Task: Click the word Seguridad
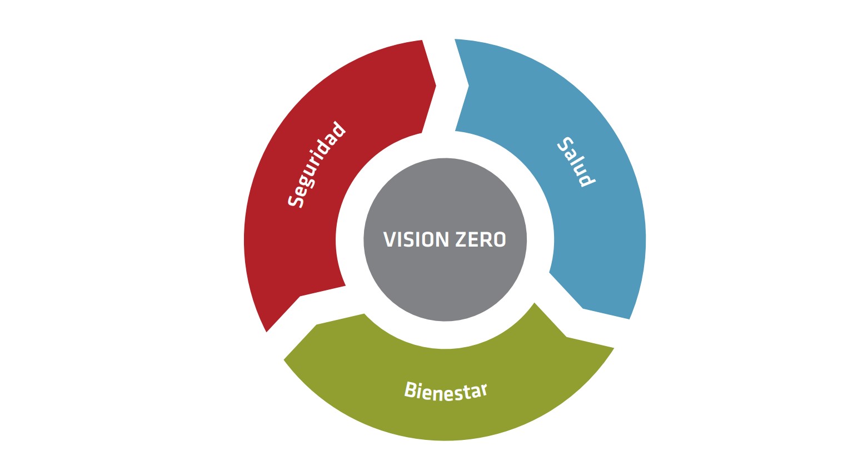pos(316,164)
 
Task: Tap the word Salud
pos(576,162)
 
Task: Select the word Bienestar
pos(445,390)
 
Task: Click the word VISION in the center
pos(416,239)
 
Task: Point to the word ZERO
pos(481,239)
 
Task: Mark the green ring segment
pos(445,411)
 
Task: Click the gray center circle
pos(445,278)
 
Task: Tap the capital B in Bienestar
pos(411,389)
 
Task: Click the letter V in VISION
pos(389,239)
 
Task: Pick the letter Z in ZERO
pos(461,239)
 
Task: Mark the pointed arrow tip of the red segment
pos(435,86)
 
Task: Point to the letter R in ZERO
pos(487,239)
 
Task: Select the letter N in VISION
pos(442,239)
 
